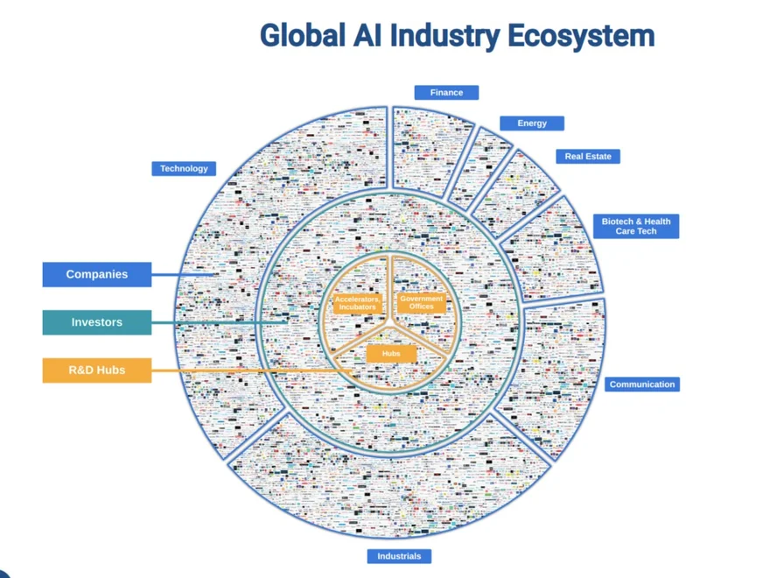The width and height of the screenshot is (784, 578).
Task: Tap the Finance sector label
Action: (x=446, y=92)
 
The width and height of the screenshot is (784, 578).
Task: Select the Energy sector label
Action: (x=532, y=123)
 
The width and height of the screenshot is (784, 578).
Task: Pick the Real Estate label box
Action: (x=588, y=157)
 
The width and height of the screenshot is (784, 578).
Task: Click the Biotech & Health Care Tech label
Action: (x=636, y=226)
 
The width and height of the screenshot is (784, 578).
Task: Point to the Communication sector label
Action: (x=642, y=384)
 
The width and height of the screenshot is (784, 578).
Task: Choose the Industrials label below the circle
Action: (x=399, y=556)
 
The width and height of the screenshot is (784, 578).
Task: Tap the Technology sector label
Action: (x=184, y=168)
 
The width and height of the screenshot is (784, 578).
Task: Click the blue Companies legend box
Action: (x=97, y=274)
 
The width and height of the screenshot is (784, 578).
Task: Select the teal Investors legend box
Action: (x=97, y=322)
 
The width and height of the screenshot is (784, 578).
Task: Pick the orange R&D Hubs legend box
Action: (x=97, y=370)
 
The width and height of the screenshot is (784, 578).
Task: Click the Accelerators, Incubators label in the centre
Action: (x=357, y=303)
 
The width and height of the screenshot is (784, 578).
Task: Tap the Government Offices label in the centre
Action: (x=422, y=302)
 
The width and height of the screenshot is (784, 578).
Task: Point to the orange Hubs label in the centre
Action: (x=386, y=354)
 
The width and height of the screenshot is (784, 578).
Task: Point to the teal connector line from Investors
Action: (x=219, y=322)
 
